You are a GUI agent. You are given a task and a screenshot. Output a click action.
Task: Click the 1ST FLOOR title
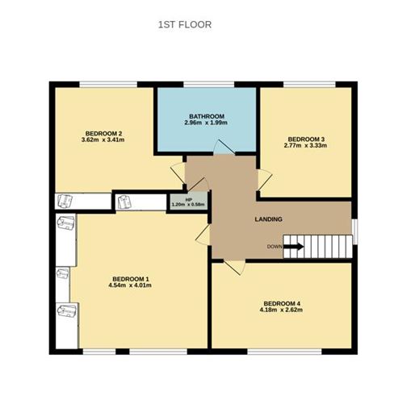(184, 25)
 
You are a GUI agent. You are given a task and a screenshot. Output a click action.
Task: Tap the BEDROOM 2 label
(103, 133)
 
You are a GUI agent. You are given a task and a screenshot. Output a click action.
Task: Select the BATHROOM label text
(206, 115)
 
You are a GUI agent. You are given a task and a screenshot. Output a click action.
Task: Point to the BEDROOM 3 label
(306, 138)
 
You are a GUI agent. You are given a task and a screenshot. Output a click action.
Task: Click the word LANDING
(267, 219)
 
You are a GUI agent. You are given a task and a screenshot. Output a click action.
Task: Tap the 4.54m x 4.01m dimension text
(130, 285)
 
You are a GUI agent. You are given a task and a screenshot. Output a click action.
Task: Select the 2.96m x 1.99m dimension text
(206, 123)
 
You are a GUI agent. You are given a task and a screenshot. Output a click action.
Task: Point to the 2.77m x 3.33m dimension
(306, 145)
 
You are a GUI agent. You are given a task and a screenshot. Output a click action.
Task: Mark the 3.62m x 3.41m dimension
(103, 140)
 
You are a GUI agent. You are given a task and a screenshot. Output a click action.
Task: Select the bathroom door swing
(221, 147)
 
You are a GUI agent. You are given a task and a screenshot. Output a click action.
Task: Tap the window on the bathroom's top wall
(206, 84)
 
